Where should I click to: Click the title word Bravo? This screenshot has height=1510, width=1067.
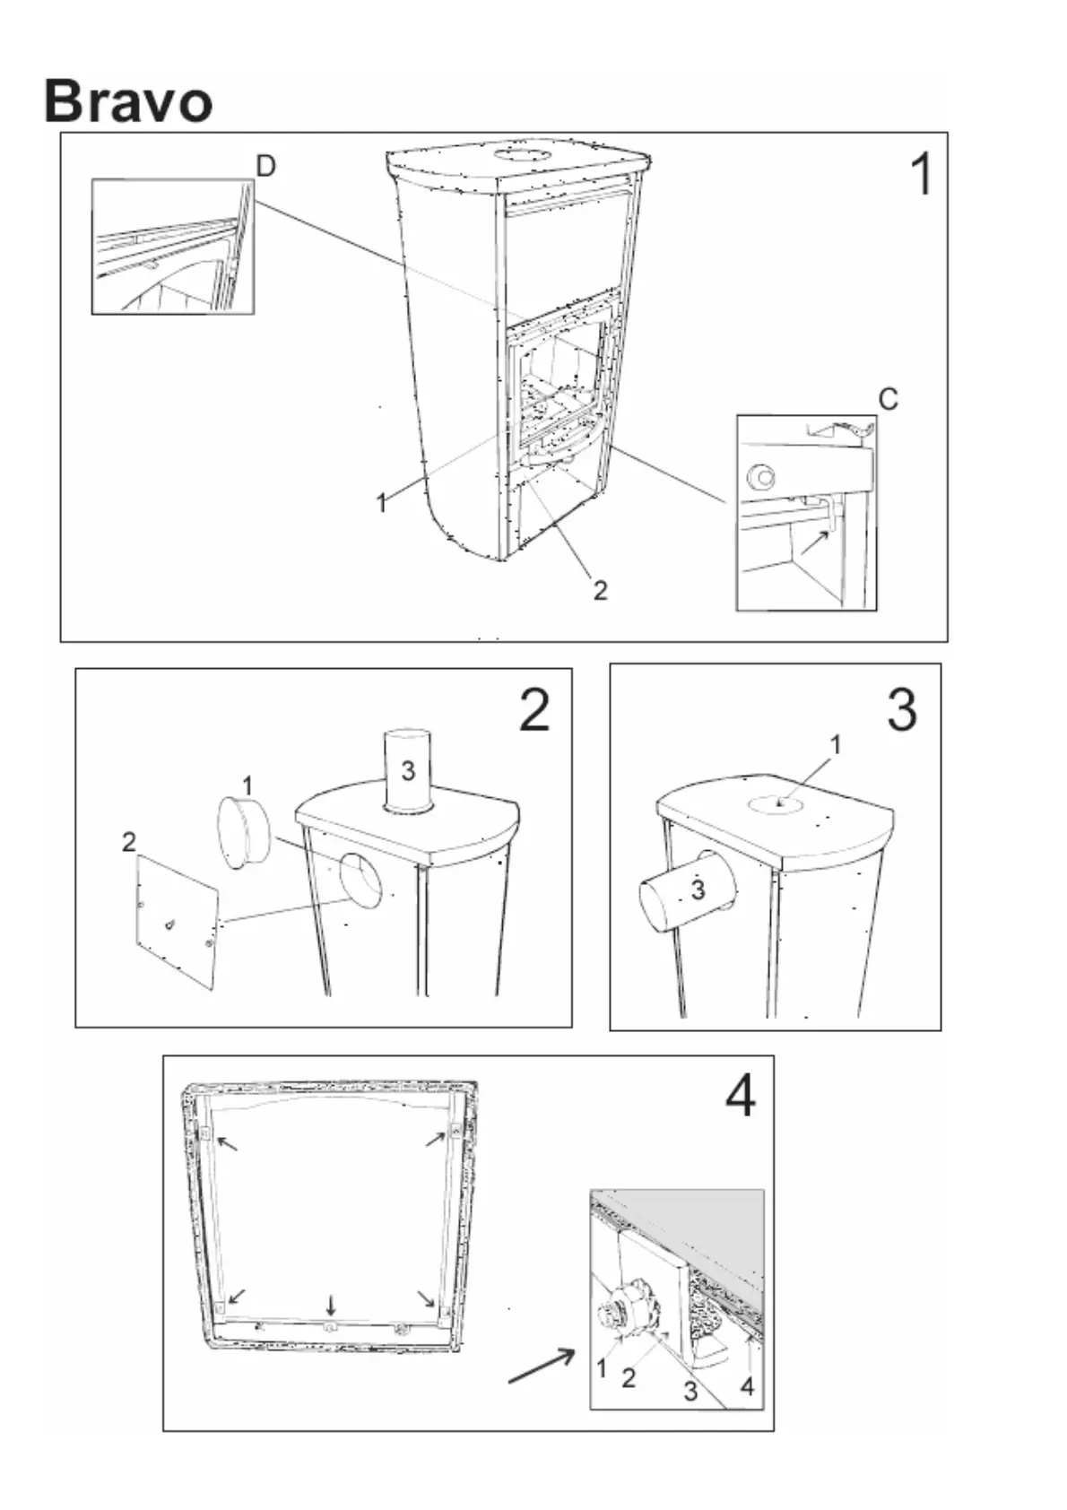[x=128, y=101]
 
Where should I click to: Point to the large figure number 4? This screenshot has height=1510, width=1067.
[x=741, y=1095]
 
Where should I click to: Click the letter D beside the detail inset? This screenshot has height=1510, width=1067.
[x=265, y=167]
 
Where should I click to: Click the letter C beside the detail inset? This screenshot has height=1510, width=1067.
[x=888, y=399]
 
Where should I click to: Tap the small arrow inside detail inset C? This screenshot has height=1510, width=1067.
[x=815, y=541]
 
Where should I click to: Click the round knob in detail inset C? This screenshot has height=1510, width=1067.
[x=761, y=475]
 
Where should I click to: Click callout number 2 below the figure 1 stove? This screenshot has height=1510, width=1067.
[x=600, y=589]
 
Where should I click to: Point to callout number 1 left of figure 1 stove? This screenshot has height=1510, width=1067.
[x=382, y=503]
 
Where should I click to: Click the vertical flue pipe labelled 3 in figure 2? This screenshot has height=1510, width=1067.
[x=407, y=770]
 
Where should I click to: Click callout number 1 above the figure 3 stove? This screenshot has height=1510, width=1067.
[x=837, y=744]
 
